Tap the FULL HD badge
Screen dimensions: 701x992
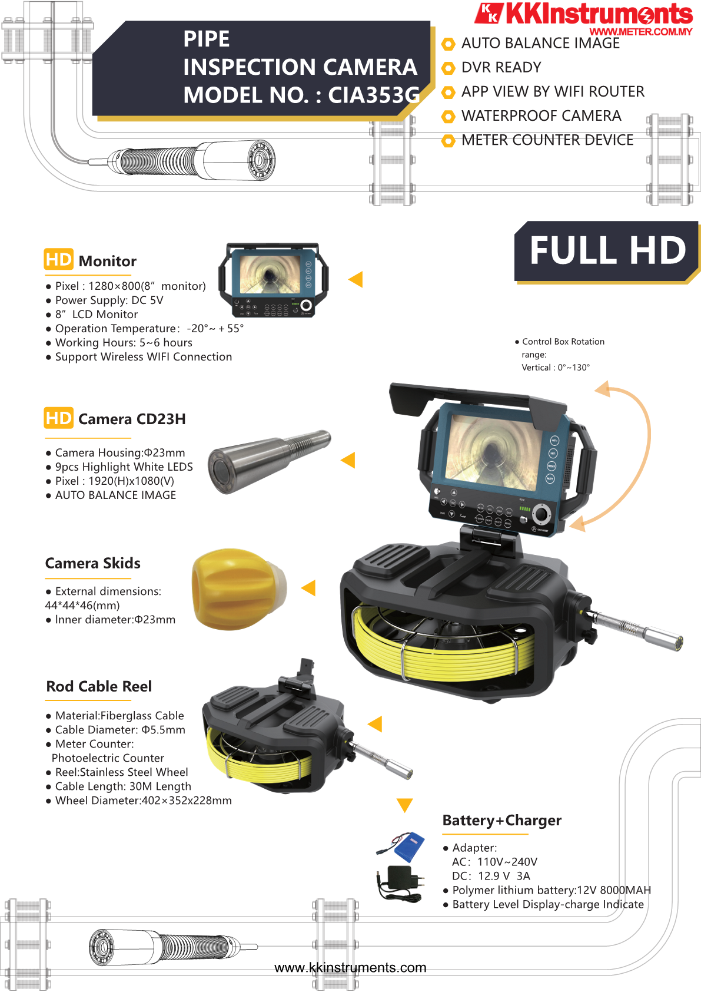coord(607,251)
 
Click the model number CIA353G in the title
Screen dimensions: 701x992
coord(374,95)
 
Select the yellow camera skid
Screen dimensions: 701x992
coord(240,588)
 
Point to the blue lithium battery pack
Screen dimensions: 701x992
coord(407,846)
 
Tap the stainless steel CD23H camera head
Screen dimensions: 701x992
coord(269,461)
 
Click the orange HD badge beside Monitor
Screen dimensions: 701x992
coord(58,259)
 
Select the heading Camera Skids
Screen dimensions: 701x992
coord(92,563)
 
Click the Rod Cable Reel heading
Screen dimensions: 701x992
coord(99,686)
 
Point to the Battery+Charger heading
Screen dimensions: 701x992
coord(502,820)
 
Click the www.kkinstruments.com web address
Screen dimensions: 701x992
coord(350,967)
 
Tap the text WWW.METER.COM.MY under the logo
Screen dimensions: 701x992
coord(640,32)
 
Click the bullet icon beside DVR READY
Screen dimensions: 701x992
coord(448,68)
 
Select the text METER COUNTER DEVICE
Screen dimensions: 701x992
coord(547,140)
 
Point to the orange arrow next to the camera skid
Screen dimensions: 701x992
coord(308,588)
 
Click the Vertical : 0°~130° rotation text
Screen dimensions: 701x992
coord(556,367)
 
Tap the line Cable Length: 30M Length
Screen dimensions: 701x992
coord(123,786)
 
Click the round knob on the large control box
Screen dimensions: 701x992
coord(541,514)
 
